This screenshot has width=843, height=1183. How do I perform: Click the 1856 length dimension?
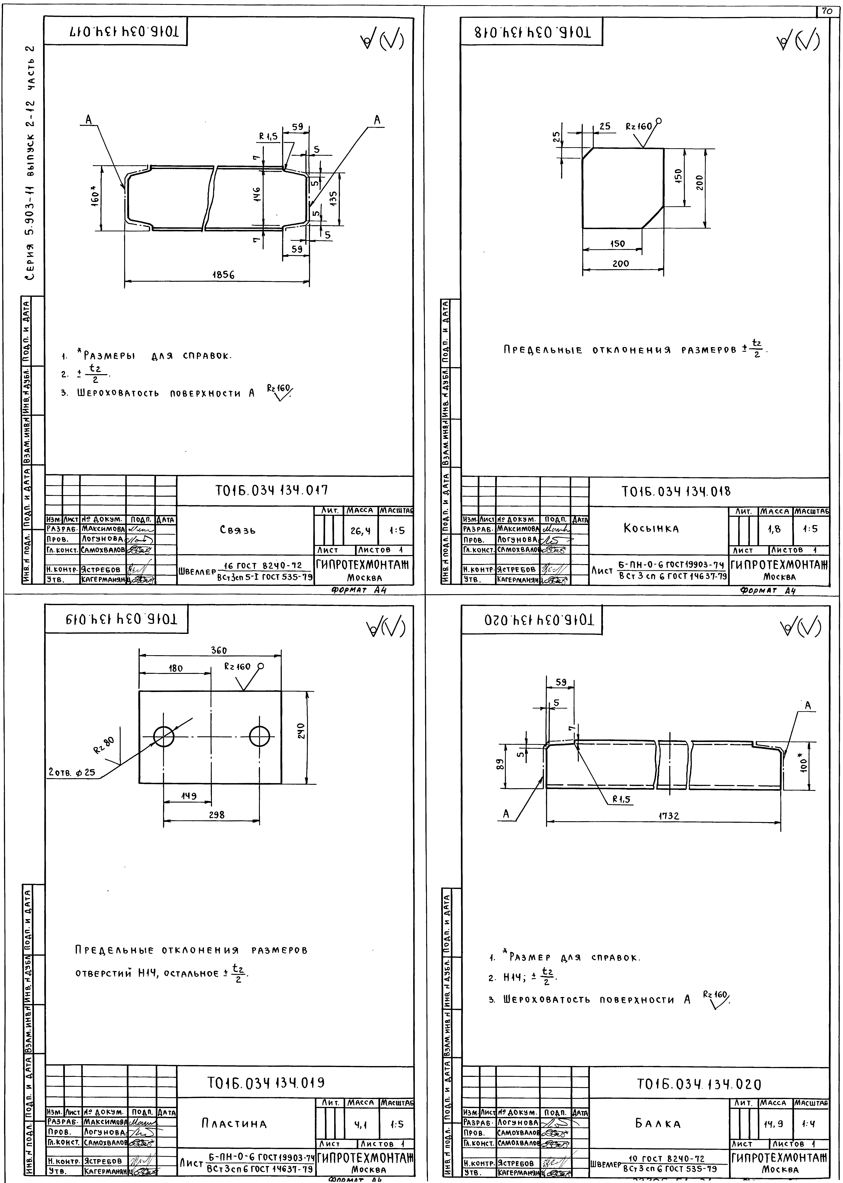point(223,275)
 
